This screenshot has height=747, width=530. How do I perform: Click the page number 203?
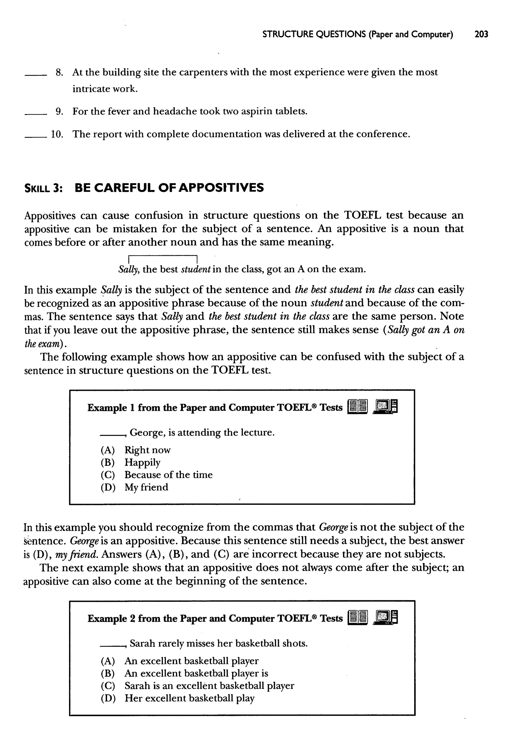click(x=481, y=34)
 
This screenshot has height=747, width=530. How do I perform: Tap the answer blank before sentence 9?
click(x=36, y=114)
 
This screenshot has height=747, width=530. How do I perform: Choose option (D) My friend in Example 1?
click(x=146, y=487)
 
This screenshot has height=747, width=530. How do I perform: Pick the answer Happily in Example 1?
click(x=142, y=463)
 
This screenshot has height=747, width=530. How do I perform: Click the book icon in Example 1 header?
click(x=358, y=407)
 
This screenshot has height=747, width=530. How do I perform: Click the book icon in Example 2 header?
click(x=358, y=618)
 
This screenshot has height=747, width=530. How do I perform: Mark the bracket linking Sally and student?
click(x=164, y=256)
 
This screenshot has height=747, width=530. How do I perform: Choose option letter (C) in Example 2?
click(x=108, y=686)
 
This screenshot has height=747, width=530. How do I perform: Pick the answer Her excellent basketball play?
click(x=189, y=698)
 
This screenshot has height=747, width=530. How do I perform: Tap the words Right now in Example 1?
click(x=148, y=450)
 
